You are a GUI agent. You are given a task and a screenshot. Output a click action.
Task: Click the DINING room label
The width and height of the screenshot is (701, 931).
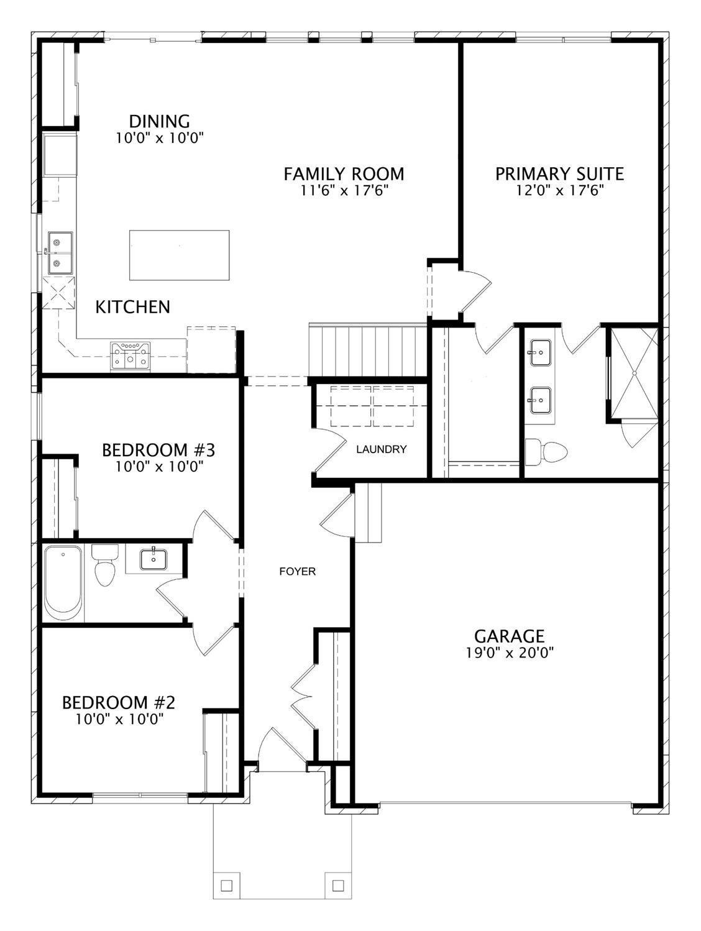(159, 121)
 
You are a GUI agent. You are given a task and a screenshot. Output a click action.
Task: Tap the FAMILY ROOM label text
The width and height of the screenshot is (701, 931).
(344, 173)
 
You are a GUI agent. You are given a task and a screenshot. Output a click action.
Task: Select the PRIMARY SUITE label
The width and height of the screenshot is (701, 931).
(559, 173)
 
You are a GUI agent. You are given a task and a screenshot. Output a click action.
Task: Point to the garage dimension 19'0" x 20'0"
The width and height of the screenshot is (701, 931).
(510, 653)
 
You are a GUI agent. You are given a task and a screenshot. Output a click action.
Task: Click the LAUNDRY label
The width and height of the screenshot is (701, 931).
(381, 449)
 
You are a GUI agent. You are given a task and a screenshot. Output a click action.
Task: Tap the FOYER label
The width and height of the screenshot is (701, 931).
(297, 571)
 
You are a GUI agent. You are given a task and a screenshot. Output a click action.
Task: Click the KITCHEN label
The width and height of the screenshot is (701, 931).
(132, 306)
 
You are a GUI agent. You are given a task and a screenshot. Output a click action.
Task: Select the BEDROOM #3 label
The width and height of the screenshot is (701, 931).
(158, 449)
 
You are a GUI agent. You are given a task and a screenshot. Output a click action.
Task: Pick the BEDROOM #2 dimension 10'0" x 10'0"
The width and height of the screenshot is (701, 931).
(119, 719)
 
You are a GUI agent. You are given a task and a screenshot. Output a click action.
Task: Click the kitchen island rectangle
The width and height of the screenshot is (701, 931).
(179, 255)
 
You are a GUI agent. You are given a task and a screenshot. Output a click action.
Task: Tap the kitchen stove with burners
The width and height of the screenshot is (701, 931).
(130, 357)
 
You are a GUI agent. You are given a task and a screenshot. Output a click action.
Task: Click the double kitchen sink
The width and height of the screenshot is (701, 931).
(60, 252)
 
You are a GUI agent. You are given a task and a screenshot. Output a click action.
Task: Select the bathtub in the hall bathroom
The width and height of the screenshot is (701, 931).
(63, 583)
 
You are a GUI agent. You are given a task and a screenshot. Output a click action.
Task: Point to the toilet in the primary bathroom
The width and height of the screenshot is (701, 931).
(546, 452)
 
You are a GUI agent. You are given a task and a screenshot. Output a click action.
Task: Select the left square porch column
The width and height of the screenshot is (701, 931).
(226, 884)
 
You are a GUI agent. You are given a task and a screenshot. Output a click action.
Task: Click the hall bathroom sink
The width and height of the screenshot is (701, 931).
(152, 559)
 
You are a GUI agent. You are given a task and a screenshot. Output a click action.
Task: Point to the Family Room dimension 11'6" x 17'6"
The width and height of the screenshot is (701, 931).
(344, 191)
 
